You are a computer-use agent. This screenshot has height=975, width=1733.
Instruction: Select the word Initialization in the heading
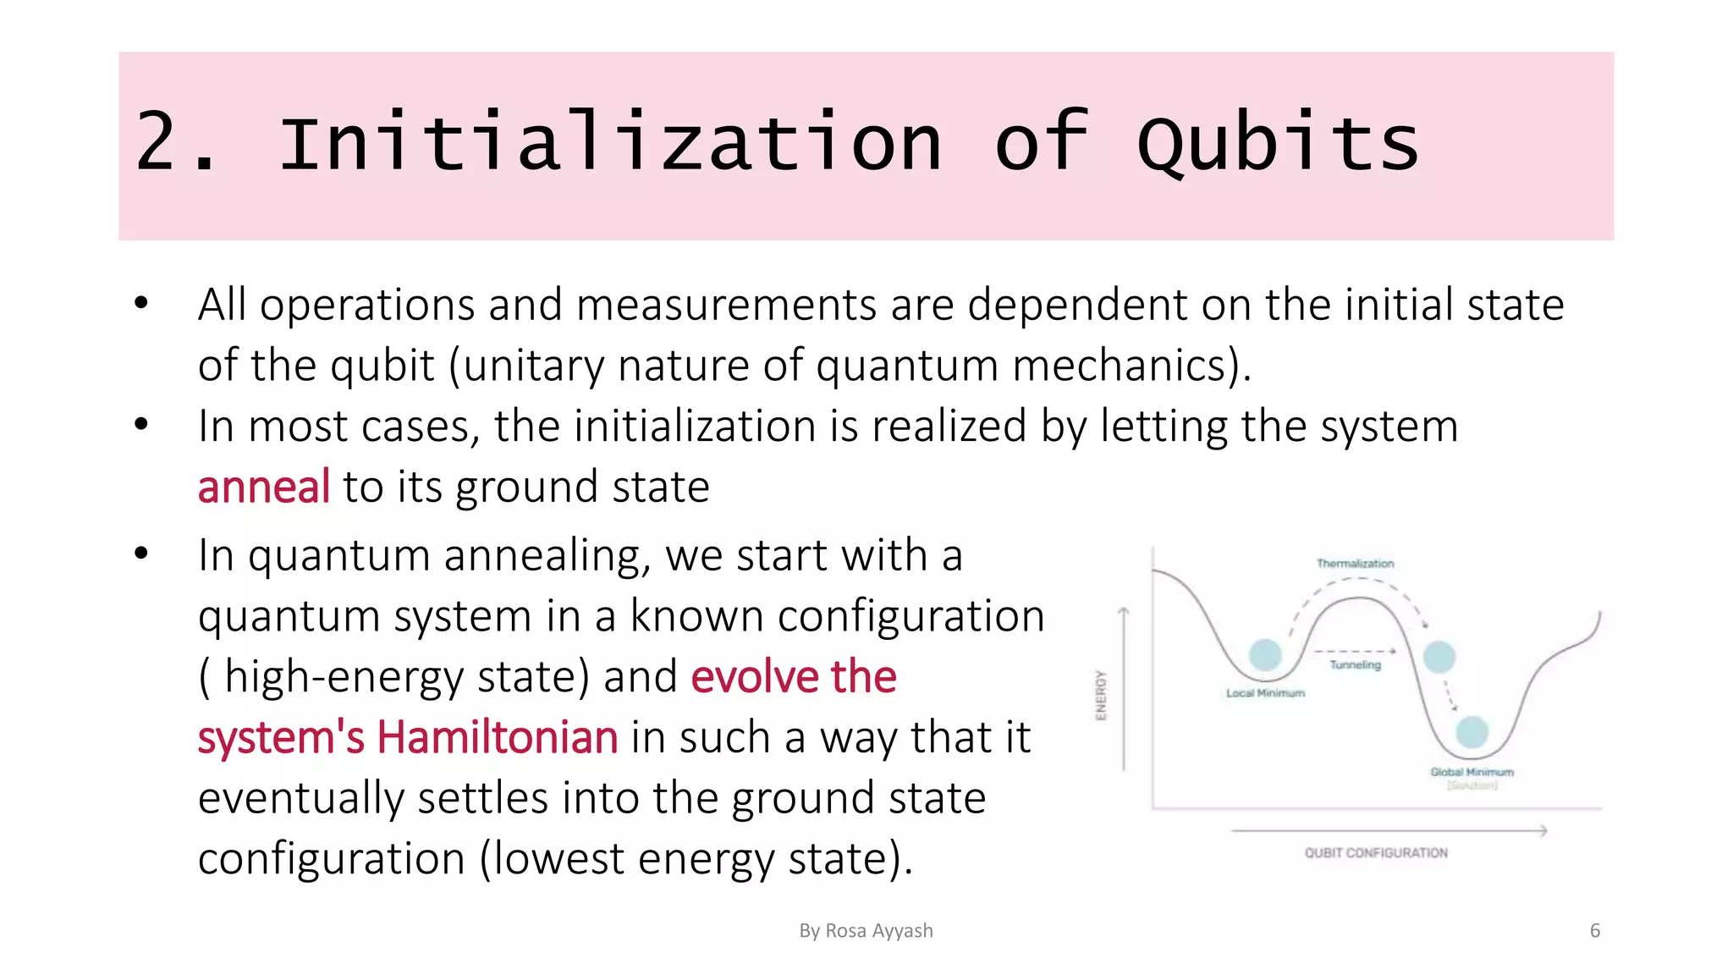pos(610,142)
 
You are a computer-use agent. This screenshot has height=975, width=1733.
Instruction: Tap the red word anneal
pos(263,487)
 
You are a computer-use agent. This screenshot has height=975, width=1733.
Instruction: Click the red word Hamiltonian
pos(497,737)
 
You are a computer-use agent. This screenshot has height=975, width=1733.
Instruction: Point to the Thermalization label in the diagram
pos(1355,564)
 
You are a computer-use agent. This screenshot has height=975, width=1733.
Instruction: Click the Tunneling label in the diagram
pos(1355,665)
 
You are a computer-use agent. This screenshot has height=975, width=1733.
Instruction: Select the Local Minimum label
pos(1265,693)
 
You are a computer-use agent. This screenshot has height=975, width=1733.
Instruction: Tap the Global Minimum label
pos(1472,772)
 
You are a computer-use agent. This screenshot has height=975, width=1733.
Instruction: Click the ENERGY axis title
pos(1101,695)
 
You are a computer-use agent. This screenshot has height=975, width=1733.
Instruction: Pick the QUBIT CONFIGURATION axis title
pos(1376,853)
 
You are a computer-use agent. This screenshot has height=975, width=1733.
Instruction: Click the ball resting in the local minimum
pos(1265,654)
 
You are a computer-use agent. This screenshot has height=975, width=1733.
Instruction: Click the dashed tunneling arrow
pos(1354,651)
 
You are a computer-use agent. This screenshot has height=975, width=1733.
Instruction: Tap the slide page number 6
pos(1595,931)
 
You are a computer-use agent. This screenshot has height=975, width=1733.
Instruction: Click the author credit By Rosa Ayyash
pos(866,931)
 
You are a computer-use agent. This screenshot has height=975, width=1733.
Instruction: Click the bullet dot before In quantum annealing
pos(141,554)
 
